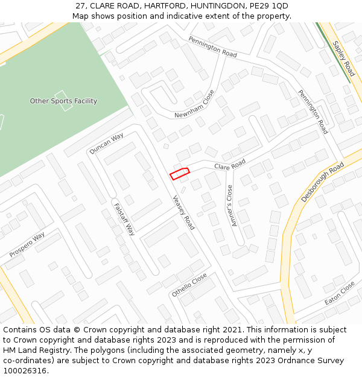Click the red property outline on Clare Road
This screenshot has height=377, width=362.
[x=179, y=174]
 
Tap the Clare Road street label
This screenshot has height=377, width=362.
[x=230, y=164]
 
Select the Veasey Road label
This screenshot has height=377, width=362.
[x=183, y=212]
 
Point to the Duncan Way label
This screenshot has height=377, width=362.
[x=106, y=144]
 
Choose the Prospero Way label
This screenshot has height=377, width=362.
[x=27, y=245]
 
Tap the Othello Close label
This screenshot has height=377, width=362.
[x=189, y=284]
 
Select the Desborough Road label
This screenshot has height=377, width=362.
[x=322, y=182]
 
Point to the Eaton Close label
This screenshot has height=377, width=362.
[x=340, y=294]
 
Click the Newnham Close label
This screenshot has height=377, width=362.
[x=194, y=104]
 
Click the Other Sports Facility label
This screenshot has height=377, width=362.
[x=63, y=101]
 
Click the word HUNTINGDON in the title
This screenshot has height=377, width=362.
[x=210, y=6]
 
